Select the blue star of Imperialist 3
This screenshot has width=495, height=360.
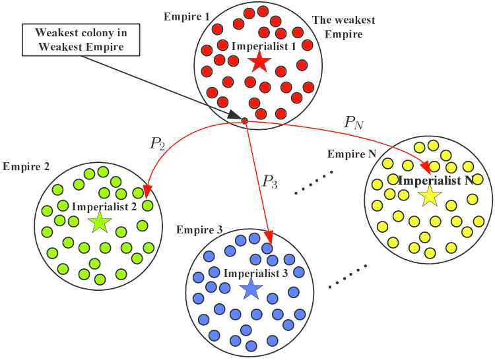tap(250, 288)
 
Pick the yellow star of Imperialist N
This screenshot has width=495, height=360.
tap(430, 195)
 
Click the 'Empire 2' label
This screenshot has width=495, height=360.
tap(26, 166)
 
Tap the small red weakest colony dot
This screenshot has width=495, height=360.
tap(244, 121)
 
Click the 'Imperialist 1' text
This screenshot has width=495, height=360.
tap(258, 46)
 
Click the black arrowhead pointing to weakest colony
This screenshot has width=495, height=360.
tap(235, 116)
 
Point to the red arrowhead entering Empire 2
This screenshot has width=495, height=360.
tap(147, 192)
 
